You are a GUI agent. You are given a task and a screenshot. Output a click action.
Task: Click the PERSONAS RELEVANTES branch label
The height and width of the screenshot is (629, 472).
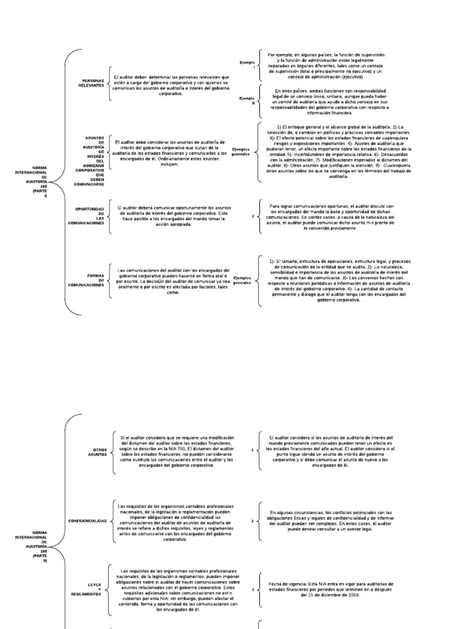pos(92,83)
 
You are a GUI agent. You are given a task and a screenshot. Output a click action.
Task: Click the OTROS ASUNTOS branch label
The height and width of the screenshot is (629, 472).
pos(96,453)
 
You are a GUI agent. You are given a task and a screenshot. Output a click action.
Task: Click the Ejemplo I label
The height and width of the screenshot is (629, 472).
pos(248,64)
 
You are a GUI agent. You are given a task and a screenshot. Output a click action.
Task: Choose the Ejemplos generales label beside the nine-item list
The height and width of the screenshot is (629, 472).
pos(242,151)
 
